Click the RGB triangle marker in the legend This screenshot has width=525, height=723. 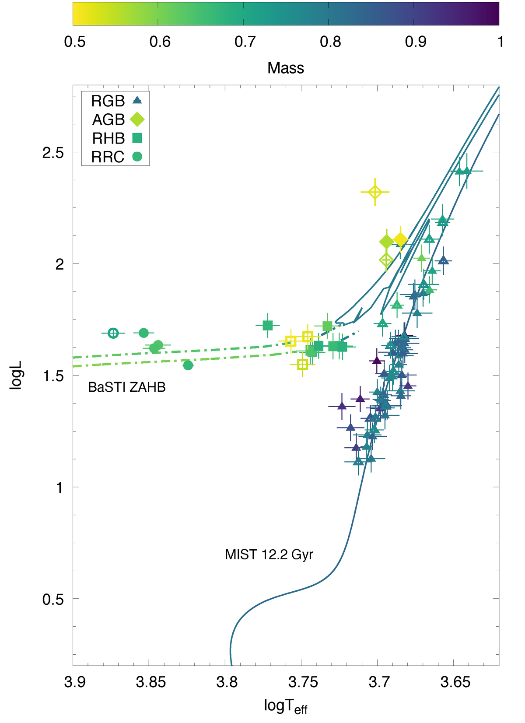tap(137, 101)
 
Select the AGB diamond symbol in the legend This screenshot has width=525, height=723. tap(137, 119)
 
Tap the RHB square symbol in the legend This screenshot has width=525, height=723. tap(137, 138)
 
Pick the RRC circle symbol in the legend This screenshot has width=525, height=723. tap(137, 157)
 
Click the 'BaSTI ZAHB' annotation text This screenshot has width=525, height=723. tap(127, 387)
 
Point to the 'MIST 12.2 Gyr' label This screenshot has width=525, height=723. tap(269, 555)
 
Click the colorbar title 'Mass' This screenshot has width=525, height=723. tap(286, 68)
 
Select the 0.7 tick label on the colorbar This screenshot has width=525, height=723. tap(245, 42)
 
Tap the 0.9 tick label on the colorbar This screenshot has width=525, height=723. tap(416, 42)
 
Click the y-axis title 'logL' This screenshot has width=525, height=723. tap(16, 376)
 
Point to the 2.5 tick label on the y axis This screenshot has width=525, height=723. tap(53, 153)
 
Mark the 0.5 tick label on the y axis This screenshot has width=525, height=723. tap(53, 599)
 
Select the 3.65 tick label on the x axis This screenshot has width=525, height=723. tap(455, 682)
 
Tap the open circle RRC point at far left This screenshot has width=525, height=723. tap(113, 333)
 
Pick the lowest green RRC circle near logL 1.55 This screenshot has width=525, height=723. tap(188, 365)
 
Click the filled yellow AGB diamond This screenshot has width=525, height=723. tap(400, 240)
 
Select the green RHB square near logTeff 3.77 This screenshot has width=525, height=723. tap(268, 326)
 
